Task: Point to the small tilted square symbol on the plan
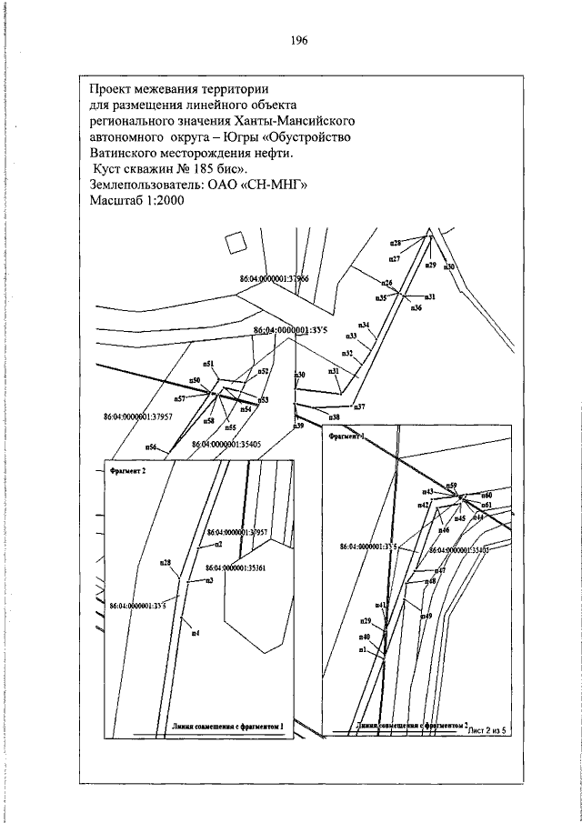click(235, 242)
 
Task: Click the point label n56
click(151, 447)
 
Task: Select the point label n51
click(208, 364)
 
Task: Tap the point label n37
click(358, 406)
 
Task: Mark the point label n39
click(297, 426)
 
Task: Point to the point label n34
click(363, 326)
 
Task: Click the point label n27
click(395, 260)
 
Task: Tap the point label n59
click(451, 487)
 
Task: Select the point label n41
click(380, 604)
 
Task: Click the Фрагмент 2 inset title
click(127, 473)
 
